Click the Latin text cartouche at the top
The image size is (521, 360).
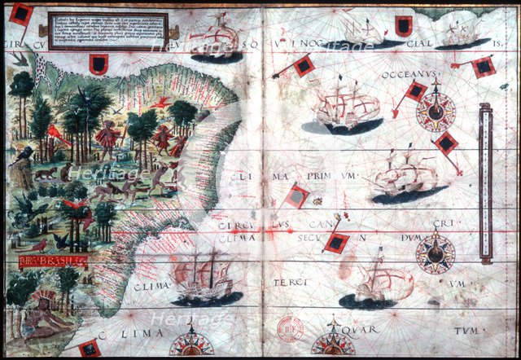(107, 31)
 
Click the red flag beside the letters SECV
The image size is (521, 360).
(335, 243)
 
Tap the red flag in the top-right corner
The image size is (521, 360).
(483, 65)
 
